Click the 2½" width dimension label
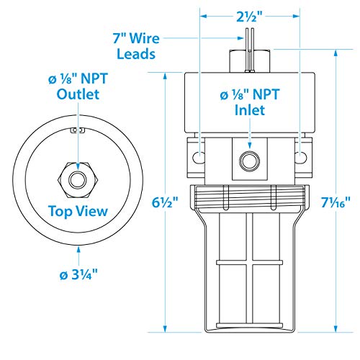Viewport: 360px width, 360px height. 249,15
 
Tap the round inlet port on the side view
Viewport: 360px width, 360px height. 249,158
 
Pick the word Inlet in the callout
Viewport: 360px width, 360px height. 249,111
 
